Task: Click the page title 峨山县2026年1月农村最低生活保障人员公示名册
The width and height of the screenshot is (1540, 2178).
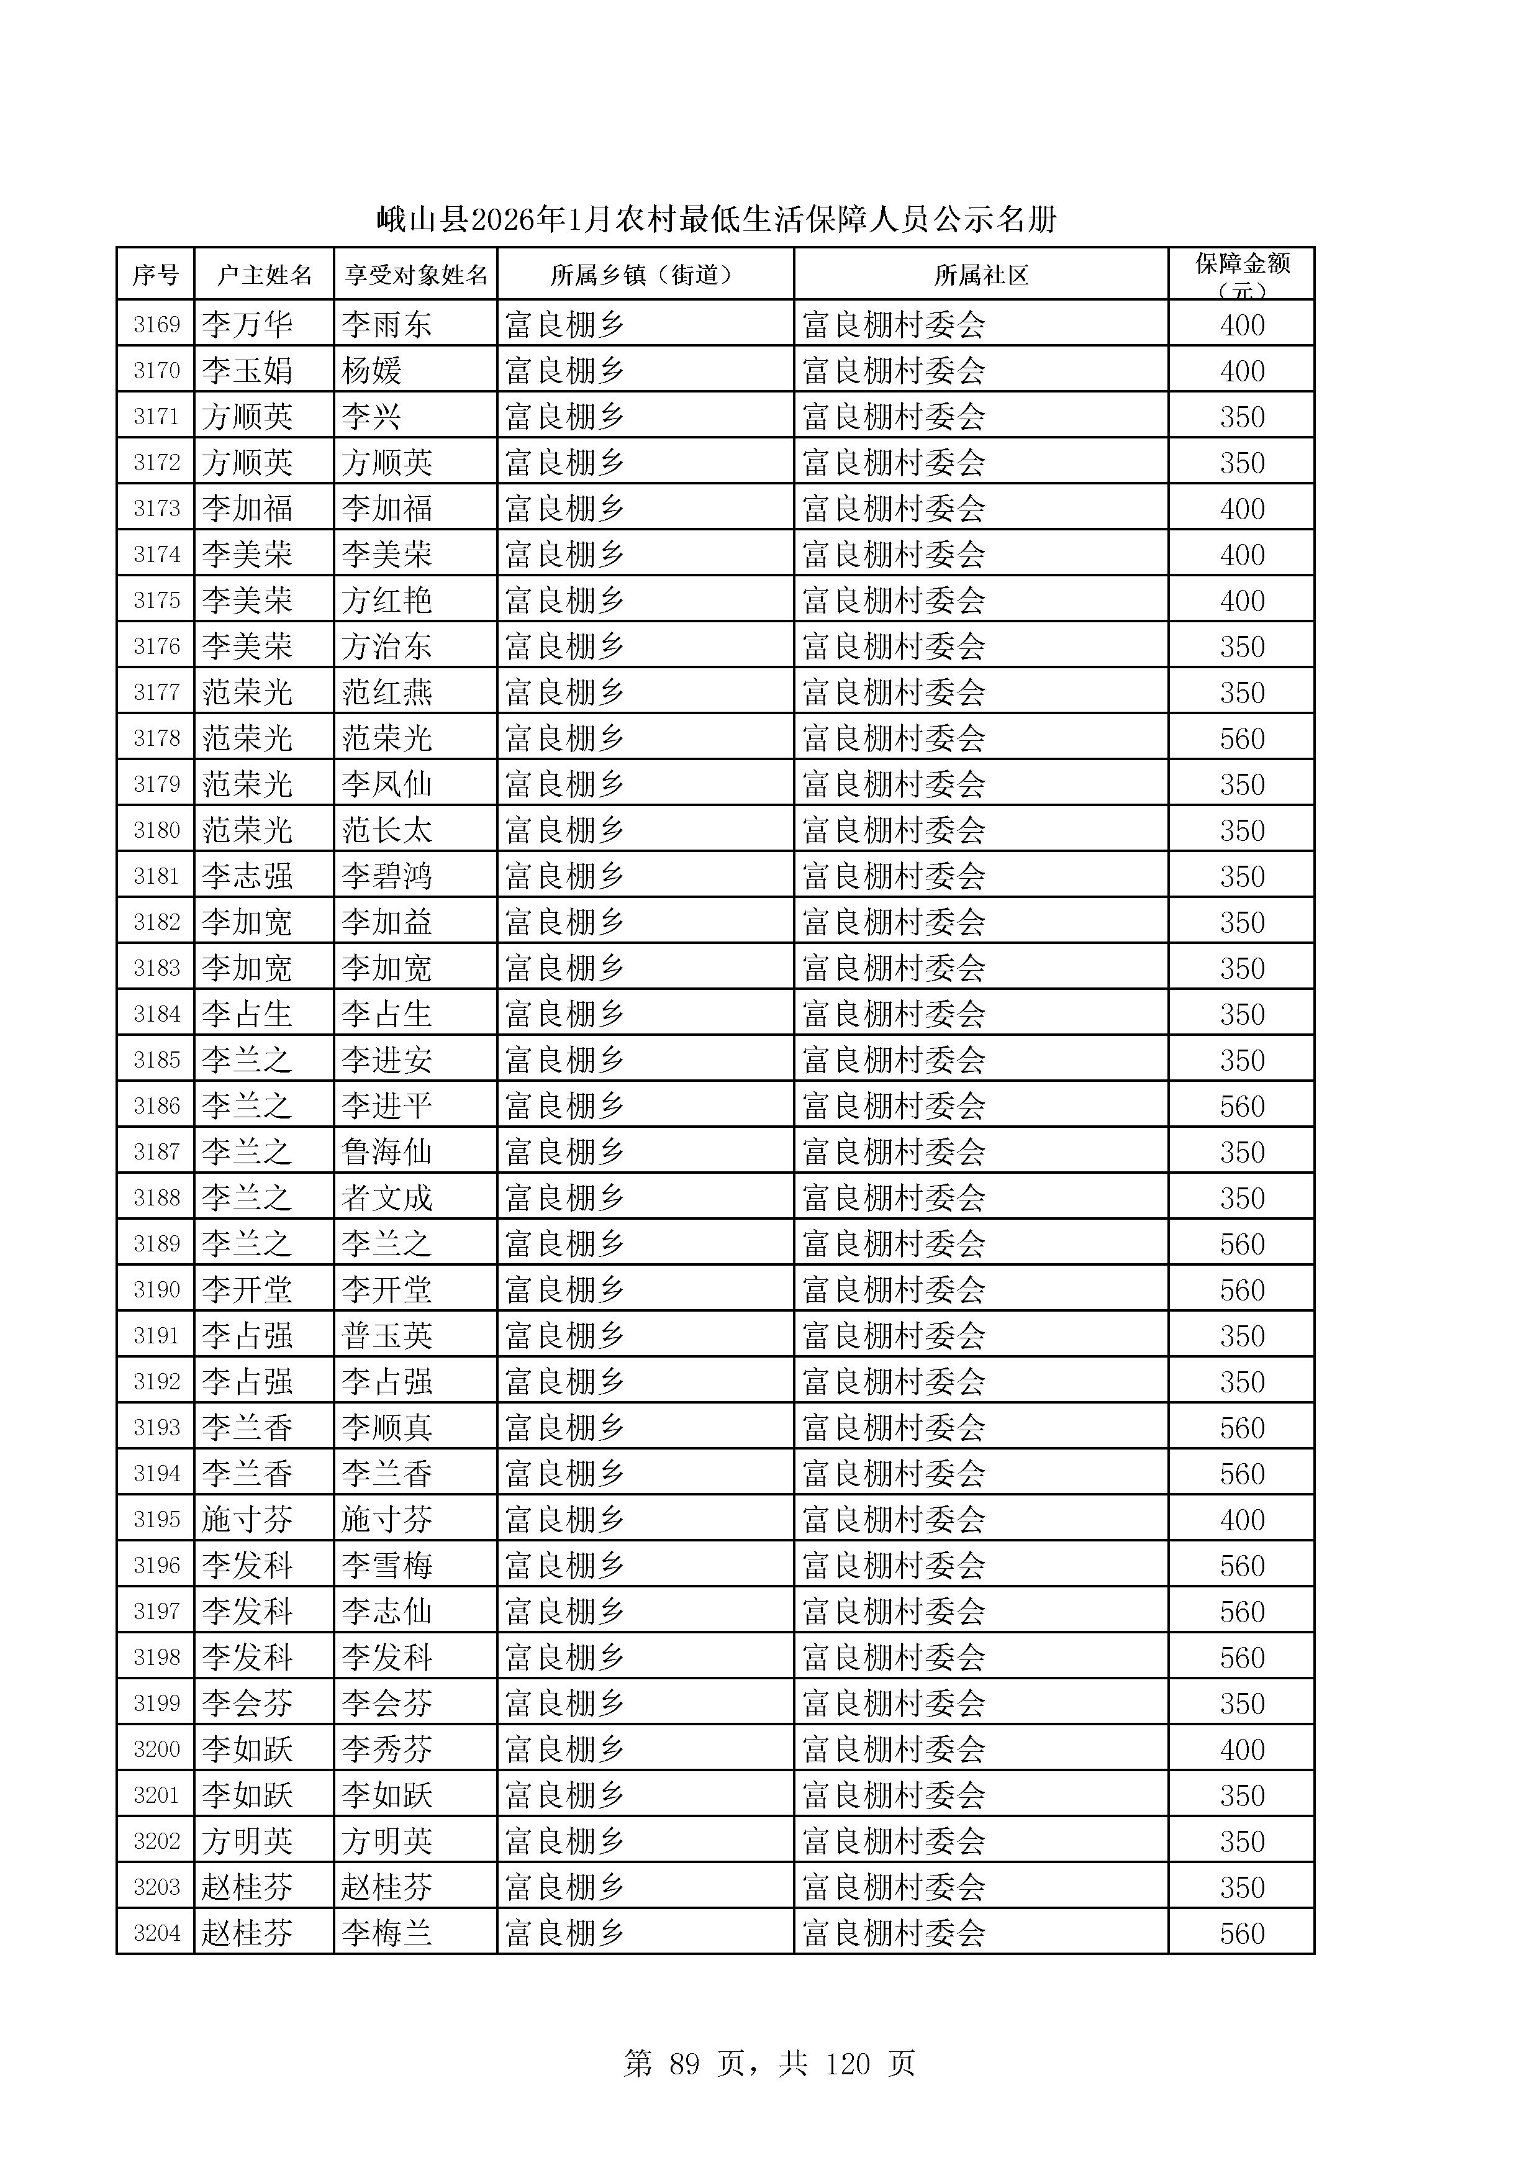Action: pyautogui.click(x=717, y=220)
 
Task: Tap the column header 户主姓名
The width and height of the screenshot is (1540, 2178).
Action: pyautogui.click(x=264, y=275)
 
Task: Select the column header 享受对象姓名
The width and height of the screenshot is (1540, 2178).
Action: pyautogui.click(x=415, y=275)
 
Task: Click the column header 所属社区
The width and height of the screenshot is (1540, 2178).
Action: pyautogui.click(x=981, y=275)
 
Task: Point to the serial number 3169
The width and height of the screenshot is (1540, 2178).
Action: pyautogui.click(x=156, y=324)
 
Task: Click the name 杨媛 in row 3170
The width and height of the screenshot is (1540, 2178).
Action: pyautogui.click(x=372, y=371)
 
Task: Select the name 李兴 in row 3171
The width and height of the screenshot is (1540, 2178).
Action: pyautogui.click(x=372, y=417)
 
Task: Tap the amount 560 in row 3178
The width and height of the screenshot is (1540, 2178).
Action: pyautogui.click(x=1241, y=738)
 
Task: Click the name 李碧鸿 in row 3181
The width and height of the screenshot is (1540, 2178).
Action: pyautogui.click(x=387, y=876)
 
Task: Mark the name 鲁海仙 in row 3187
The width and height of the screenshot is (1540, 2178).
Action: pyautogui.click(x=387, y=1151)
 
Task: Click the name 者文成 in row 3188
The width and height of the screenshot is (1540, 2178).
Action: pyautogui.click(x=387, y=1197)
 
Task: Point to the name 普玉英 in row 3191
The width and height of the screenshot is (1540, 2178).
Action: pyautogui.click(x=387, y=1336)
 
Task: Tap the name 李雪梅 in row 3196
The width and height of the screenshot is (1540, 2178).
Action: pyautogui.click(x=387, y=1565)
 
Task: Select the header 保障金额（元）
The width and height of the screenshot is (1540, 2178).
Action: pyautogui.click(x=1241, y=274)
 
